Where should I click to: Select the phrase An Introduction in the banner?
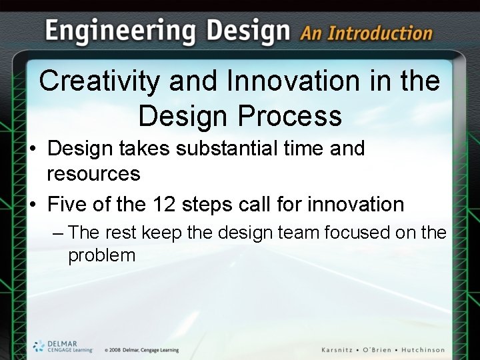[366, 33]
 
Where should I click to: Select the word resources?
[93, 174]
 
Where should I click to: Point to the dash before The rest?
[58, 233]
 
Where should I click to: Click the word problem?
[101, 255]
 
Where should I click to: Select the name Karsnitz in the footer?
[340, 350]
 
